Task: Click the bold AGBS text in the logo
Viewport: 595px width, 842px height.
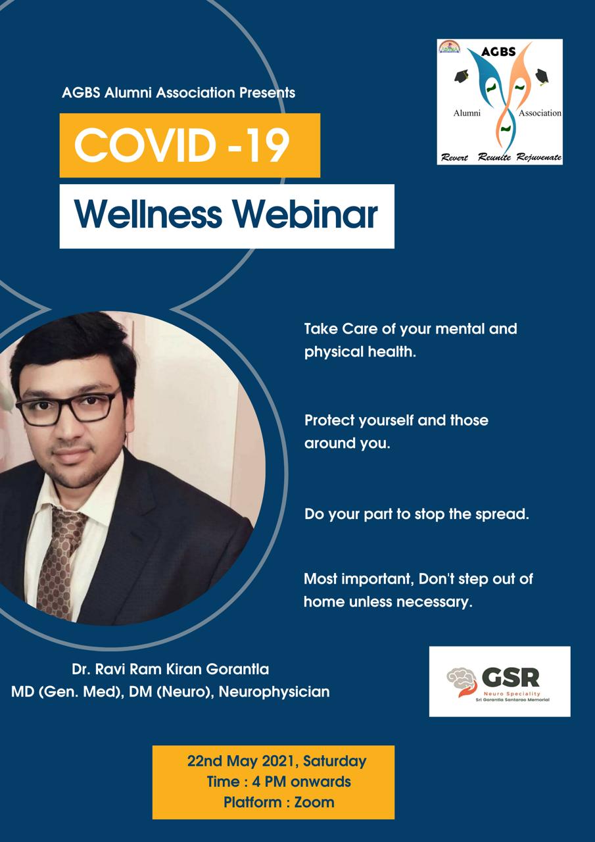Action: coord(498,51)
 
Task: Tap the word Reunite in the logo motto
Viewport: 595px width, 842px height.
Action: coord(494,157)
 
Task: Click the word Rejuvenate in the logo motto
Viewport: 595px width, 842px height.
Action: coord(539,157)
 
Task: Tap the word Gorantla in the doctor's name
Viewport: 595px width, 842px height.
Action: coord(237,669)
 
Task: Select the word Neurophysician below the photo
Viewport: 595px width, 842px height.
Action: coord(274,691)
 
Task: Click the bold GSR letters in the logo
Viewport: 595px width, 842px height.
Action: coord(511,678)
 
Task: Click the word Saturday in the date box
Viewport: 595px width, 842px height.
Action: coord(335,761)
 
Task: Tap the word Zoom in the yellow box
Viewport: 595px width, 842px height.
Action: coord(314,802)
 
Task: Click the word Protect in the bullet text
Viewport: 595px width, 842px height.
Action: coord(329,420)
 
